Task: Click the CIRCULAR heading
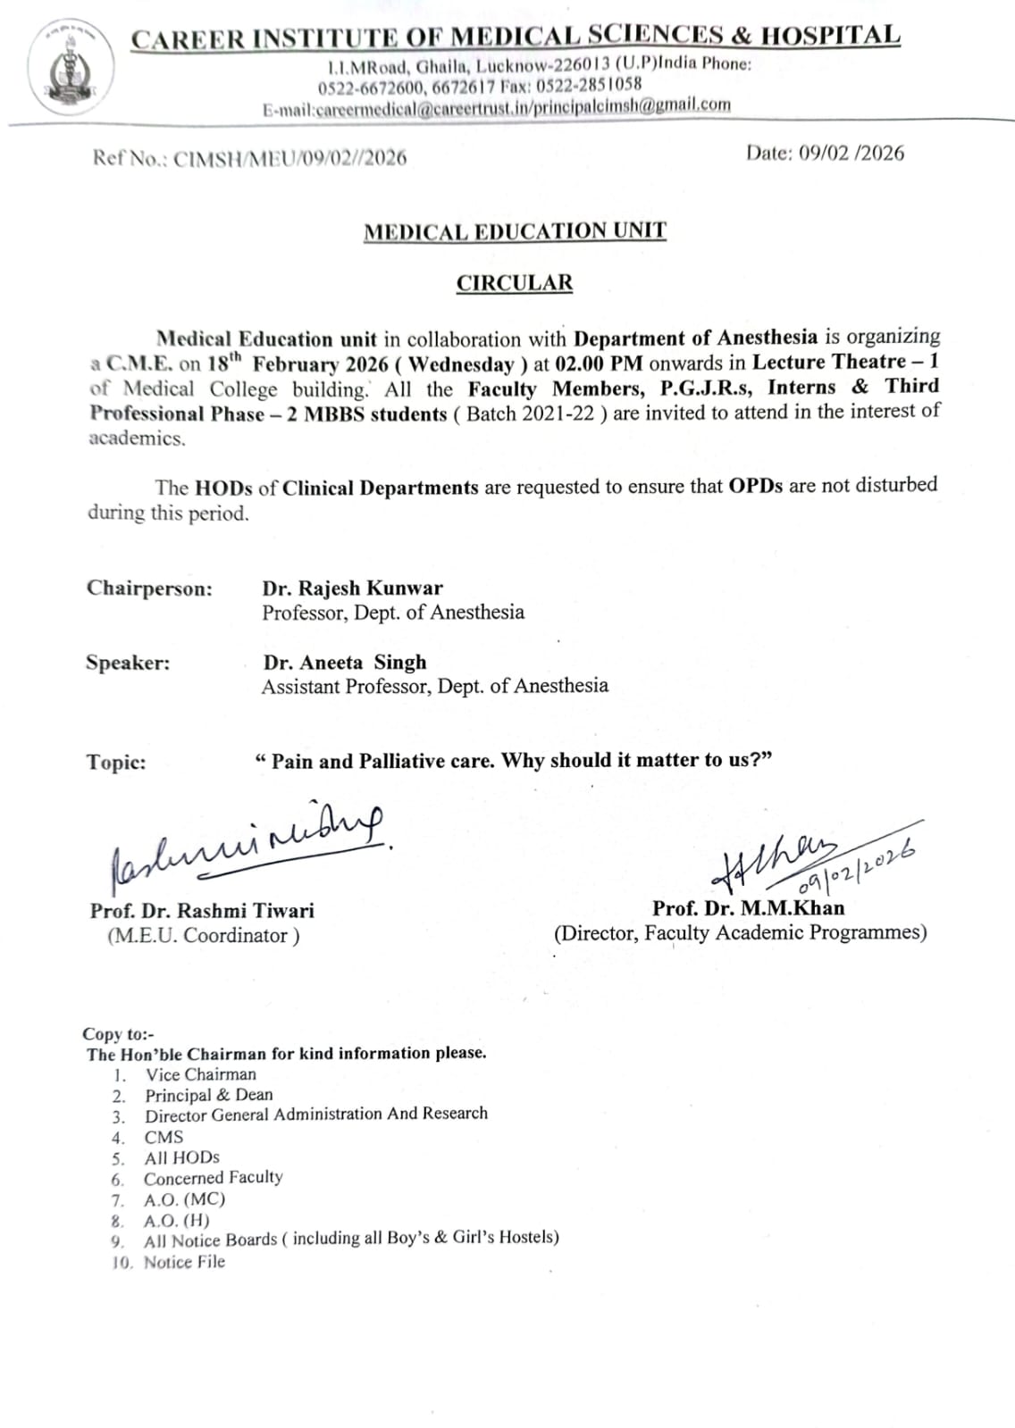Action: click(515, 283)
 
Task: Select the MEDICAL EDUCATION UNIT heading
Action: click(515, 231)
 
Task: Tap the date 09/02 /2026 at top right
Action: click(825, 153)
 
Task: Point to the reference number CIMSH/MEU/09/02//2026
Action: click(289, 158)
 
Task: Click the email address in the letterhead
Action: click(497, 106)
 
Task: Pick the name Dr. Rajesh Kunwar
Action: click(352, 589)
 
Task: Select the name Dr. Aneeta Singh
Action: click(345, 663)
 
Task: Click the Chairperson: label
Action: click(149, 589)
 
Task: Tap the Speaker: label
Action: click(128, 663)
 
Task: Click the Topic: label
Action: click(116, 762)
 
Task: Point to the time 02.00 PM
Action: click(599, 363)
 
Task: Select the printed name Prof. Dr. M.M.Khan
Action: click(748, 908)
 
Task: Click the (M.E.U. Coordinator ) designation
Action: click(203, 935)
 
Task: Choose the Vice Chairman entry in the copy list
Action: click(201, 1074)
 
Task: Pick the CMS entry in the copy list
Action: click(164, 1137)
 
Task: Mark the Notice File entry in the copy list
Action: click(184, 1262)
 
